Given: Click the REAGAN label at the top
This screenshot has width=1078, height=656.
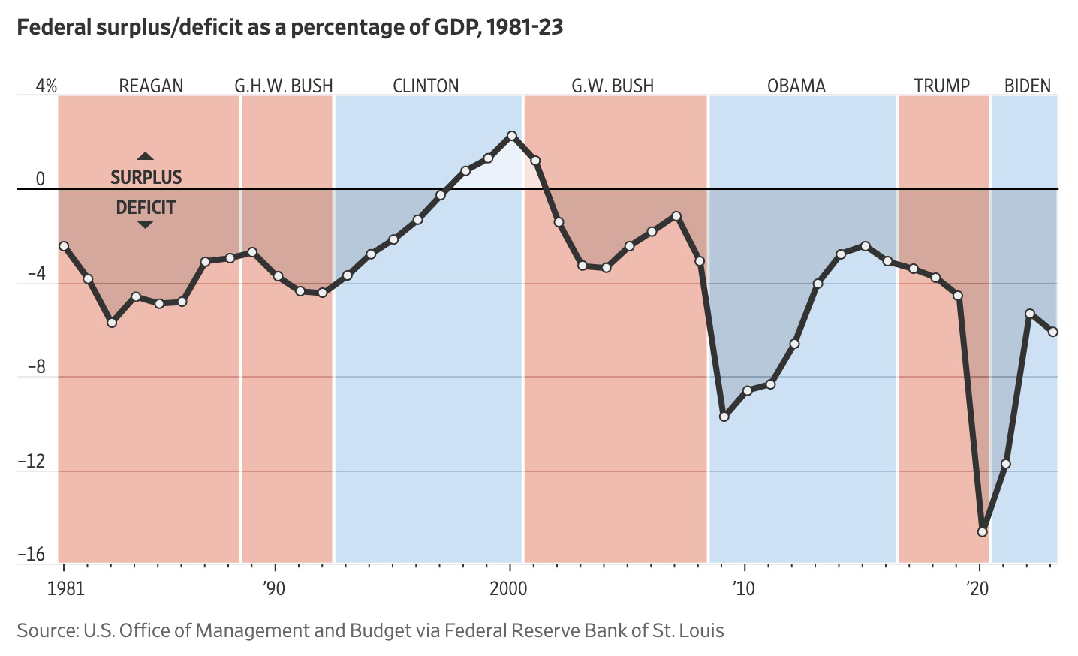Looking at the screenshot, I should coord(151,86).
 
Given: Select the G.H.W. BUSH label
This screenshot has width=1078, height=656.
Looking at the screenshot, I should coord(284,86).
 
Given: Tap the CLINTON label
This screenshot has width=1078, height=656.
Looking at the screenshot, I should coord(426,86).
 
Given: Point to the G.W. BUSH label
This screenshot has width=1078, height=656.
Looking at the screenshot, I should coord(613,86).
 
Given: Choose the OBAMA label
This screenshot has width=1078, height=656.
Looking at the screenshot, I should coord(796,86).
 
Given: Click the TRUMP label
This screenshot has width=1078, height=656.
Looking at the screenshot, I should coord(941,86).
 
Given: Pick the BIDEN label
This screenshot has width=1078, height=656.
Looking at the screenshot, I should coord(1027,86).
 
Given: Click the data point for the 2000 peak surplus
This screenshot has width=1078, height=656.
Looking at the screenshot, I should coord(512,136).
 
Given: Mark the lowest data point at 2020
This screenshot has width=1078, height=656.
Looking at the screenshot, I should coord(983,531).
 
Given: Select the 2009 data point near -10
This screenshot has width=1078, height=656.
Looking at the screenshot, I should coord(724,416).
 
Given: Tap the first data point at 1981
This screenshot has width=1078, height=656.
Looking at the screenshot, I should coord(64,246).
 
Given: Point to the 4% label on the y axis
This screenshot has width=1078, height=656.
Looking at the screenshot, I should coord(46,86).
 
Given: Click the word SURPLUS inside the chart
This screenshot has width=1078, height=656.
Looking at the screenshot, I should coord(146,178).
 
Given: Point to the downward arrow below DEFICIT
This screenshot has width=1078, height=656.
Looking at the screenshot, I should coord(146,224).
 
